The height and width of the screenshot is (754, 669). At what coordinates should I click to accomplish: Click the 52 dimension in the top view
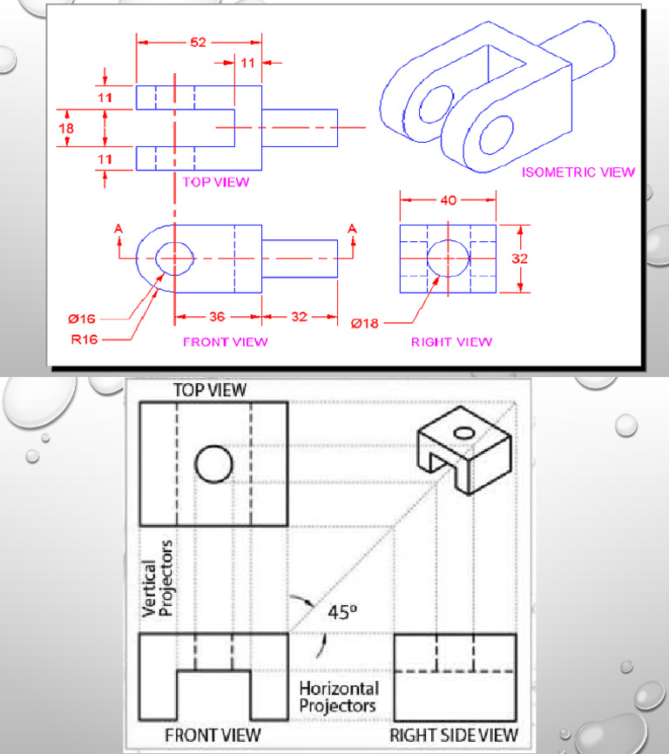tap(198, 43)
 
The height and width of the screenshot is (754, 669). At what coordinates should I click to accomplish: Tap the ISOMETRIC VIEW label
tap(578, 172)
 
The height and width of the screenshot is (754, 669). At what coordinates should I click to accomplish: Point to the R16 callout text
tap(84, 339)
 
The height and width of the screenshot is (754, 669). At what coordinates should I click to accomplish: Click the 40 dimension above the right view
tap(448, 201)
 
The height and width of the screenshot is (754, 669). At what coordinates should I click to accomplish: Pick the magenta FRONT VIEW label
tap(226, 341)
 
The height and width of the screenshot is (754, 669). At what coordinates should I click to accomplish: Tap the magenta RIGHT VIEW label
tap(451, 341)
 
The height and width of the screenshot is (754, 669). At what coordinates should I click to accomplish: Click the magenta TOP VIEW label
tap(216, 182)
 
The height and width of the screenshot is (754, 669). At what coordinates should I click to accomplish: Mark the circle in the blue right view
tap(448, 259)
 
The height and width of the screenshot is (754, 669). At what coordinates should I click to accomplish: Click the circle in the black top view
tap(214, 463)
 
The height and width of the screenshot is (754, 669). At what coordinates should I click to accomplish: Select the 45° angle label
tap(341, 611)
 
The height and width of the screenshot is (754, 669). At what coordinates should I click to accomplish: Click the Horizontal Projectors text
tap(338, 697)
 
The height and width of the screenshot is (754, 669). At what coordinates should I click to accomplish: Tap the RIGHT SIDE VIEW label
tap(454, 735)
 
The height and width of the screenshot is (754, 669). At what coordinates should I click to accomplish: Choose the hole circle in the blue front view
tap(174, 258)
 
